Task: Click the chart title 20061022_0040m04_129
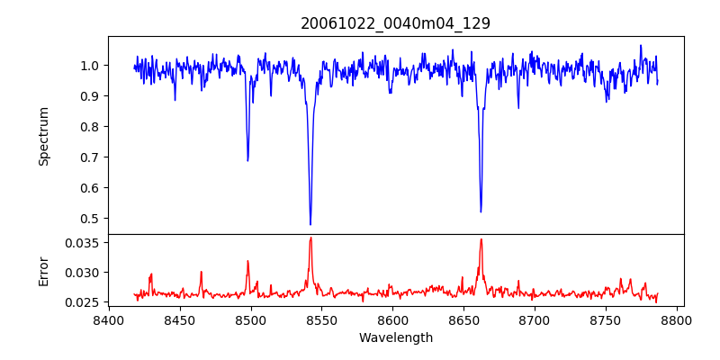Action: click(395, 23)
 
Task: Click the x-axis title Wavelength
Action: click(395, 338)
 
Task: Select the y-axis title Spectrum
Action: click(44, 136)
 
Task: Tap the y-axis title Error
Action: click(44, 271)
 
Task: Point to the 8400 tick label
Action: click(109, 319)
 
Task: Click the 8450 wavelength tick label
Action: click(180, 319)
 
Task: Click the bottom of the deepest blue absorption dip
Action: click(310, 224)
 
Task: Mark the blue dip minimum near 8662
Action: click(481, 211)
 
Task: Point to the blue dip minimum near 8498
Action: click(247, 160)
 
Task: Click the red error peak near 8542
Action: click(310, 238)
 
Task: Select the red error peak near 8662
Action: click(481, 239)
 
